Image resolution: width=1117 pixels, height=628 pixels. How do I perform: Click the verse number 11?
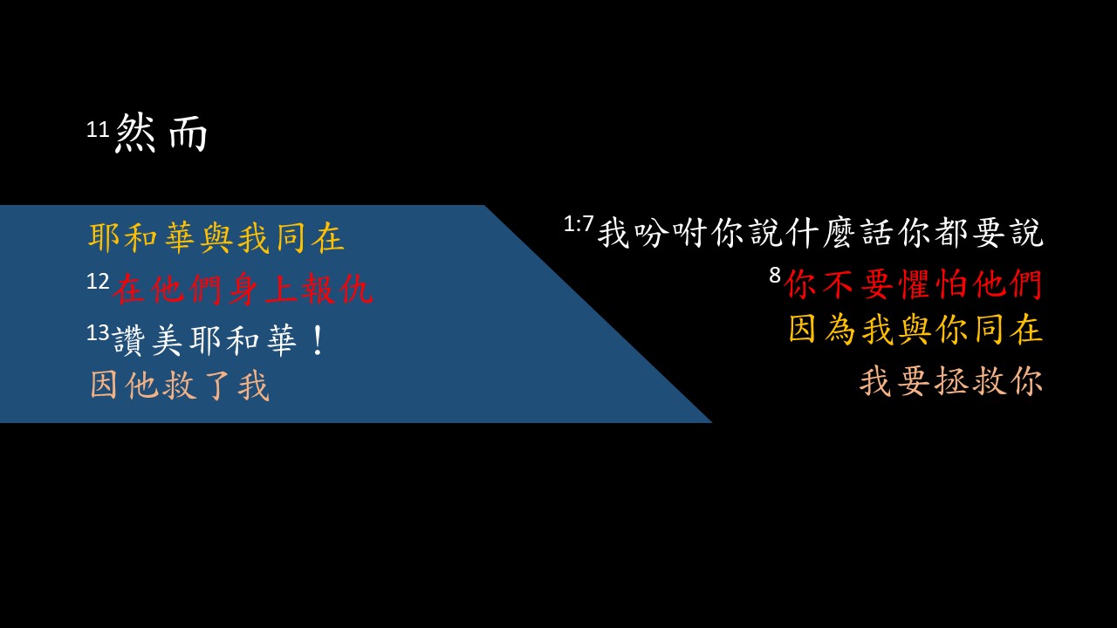(98, 130)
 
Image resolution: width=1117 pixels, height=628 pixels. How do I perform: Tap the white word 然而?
(161, 134)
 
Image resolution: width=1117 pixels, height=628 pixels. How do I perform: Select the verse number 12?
(98, 282)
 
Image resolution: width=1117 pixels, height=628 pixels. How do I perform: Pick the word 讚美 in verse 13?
(149, 340)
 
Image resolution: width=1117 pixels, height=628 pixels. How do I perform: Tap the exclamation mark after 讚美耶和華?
(316, 340)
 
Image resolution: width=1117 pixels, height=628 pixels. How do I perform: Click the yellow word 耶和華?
(144, 239)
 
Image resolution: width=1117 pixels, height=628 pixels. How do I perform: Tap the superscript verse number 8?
(774, 275)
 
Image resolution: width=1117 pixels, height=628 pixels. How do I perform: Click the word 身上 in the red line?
(262, 290)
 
